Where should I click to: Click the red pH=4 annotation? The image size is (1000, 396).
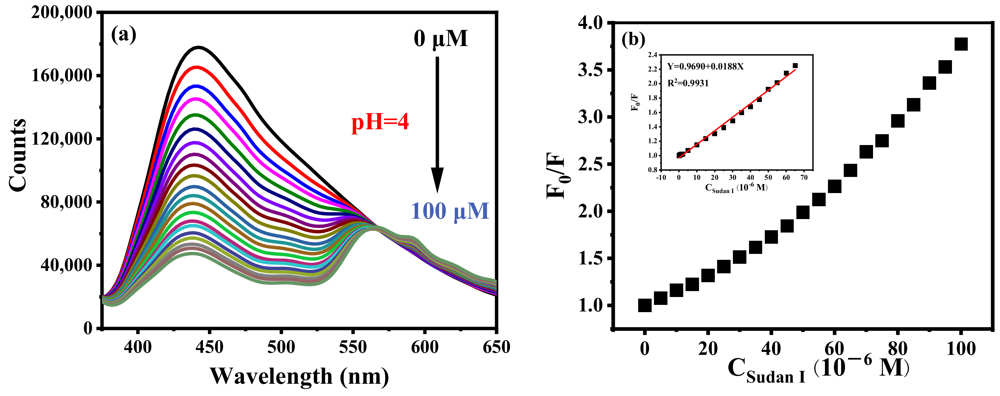pos(380,123)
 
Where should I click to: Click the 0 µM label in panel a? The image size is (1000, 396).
pos(440,39)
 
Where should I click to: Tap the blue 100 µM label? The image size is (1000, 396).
pos(450,211)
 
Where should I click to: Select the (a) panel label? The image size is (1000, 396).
pos(123,35)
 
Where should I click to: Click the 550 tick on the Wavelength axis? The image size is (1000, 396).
pos(353,347)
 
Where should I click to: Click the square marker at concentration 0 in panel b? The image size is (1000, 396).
pos(644,306)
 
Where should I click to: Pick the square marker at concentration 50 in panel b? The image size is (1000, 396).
pos(803,212)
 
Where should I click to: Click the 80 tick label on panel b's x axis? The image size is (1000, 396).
pos(897,349)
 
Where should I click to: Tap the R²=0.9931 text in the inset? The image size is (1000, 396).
pos(688,83)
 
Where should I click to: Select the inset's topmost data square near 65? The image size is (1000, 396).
pos(795,65)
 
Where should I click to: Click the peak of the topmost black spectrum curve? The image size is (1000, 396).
pos(198,47)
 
